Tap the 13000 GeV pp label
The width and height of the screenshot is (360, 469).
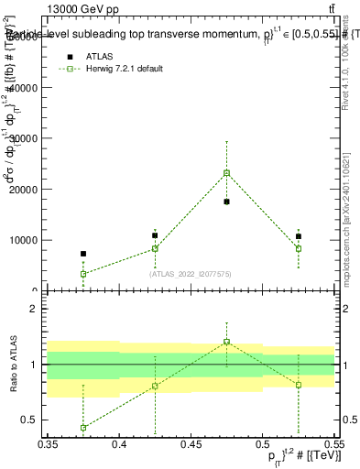(81, 9)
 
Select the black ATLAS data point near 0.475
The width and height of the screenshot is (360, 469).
(226, 202)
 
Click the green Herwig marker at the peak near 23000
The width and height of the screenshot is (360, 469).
(226, 173)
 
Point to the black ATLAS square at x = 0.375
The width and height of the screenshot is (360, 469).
(83, 254)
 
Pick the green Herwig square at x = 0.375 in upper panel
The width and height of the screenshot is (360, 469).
(83, 274)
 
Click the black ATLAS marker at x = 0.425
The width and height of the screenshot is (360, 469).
(155, 235)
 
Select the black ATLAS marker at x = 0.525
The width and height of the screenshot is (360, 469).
(298, 236)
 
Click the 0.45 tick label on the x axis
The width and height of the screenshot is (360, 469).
(191, 443)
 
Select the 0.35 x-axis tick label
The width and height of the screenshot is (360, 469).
(48, 443)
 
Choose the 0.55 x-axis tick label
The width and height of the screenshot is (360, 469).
(333, 443)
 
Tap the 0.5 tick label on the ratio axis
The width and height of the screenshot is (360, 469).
(30, 420)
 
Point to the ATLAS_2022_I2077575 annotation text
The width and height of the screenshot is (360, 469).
(191, 273)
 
